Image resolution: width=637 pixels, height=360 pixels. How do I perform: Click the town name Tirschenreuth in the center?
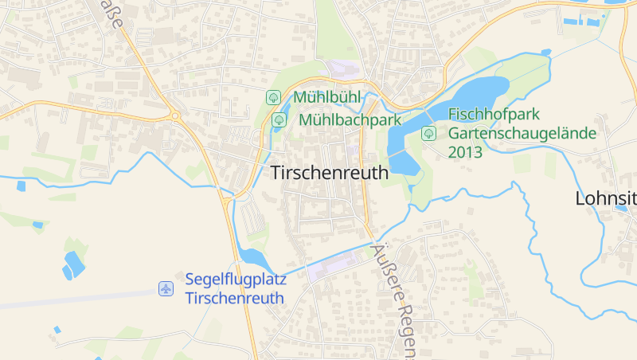330,172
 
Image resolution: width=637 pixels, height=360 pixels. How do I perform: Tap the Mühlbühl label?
327,97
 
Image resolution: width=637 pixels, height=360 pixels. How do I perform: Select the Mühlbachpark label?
350,120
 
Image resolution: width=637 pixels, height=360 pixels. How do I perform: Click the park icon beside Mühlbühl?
273,97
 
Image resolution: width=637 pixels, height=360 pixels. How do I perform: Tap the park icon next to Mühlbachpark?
279,120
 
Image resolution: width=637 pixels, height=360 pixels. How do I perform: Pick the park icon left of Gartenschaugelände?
429,132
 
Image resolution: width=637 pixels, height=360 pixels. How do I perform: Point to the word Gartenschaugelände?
522,133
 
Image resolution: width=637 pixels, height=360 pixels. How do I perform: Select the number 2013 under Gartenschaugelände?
466,151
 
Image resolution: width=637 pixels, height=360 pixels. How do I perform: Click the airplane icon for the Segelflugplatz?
166,288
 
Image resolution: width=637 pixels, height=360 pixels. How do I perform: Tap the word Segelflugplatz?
236,280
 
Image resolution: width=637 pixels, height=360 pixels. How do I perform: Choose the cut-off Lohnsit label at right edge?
605,198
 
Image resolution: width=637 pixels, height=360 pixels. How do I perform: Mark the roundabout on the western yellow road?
176,116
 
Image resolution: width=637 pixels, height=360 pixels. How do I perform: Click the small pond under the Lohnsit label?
621,209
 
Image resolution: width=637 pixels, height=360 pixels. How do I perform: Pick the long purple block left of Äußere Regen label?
334,264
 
